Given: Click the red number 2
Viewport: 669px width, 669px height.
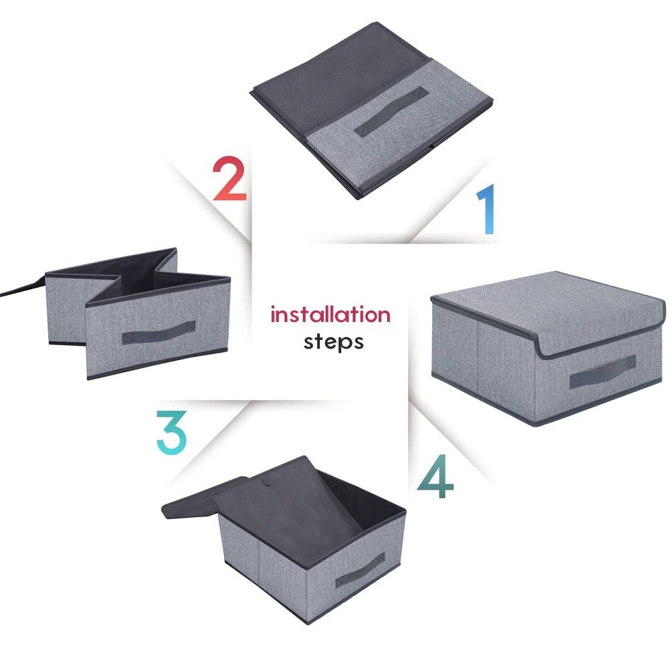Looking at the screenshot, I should click(229, 179).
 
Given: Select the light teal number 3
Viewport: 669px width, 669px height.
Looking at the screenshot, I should click(171, 434).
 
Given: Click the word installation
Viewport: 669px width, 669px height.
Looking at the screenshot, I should click(330, 314).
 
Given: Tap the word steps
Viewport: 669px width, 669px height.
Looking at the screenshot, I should click(334, 341).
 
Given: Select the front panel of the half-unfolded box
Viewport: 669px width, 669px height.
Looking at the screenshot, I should click(157, 334).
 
